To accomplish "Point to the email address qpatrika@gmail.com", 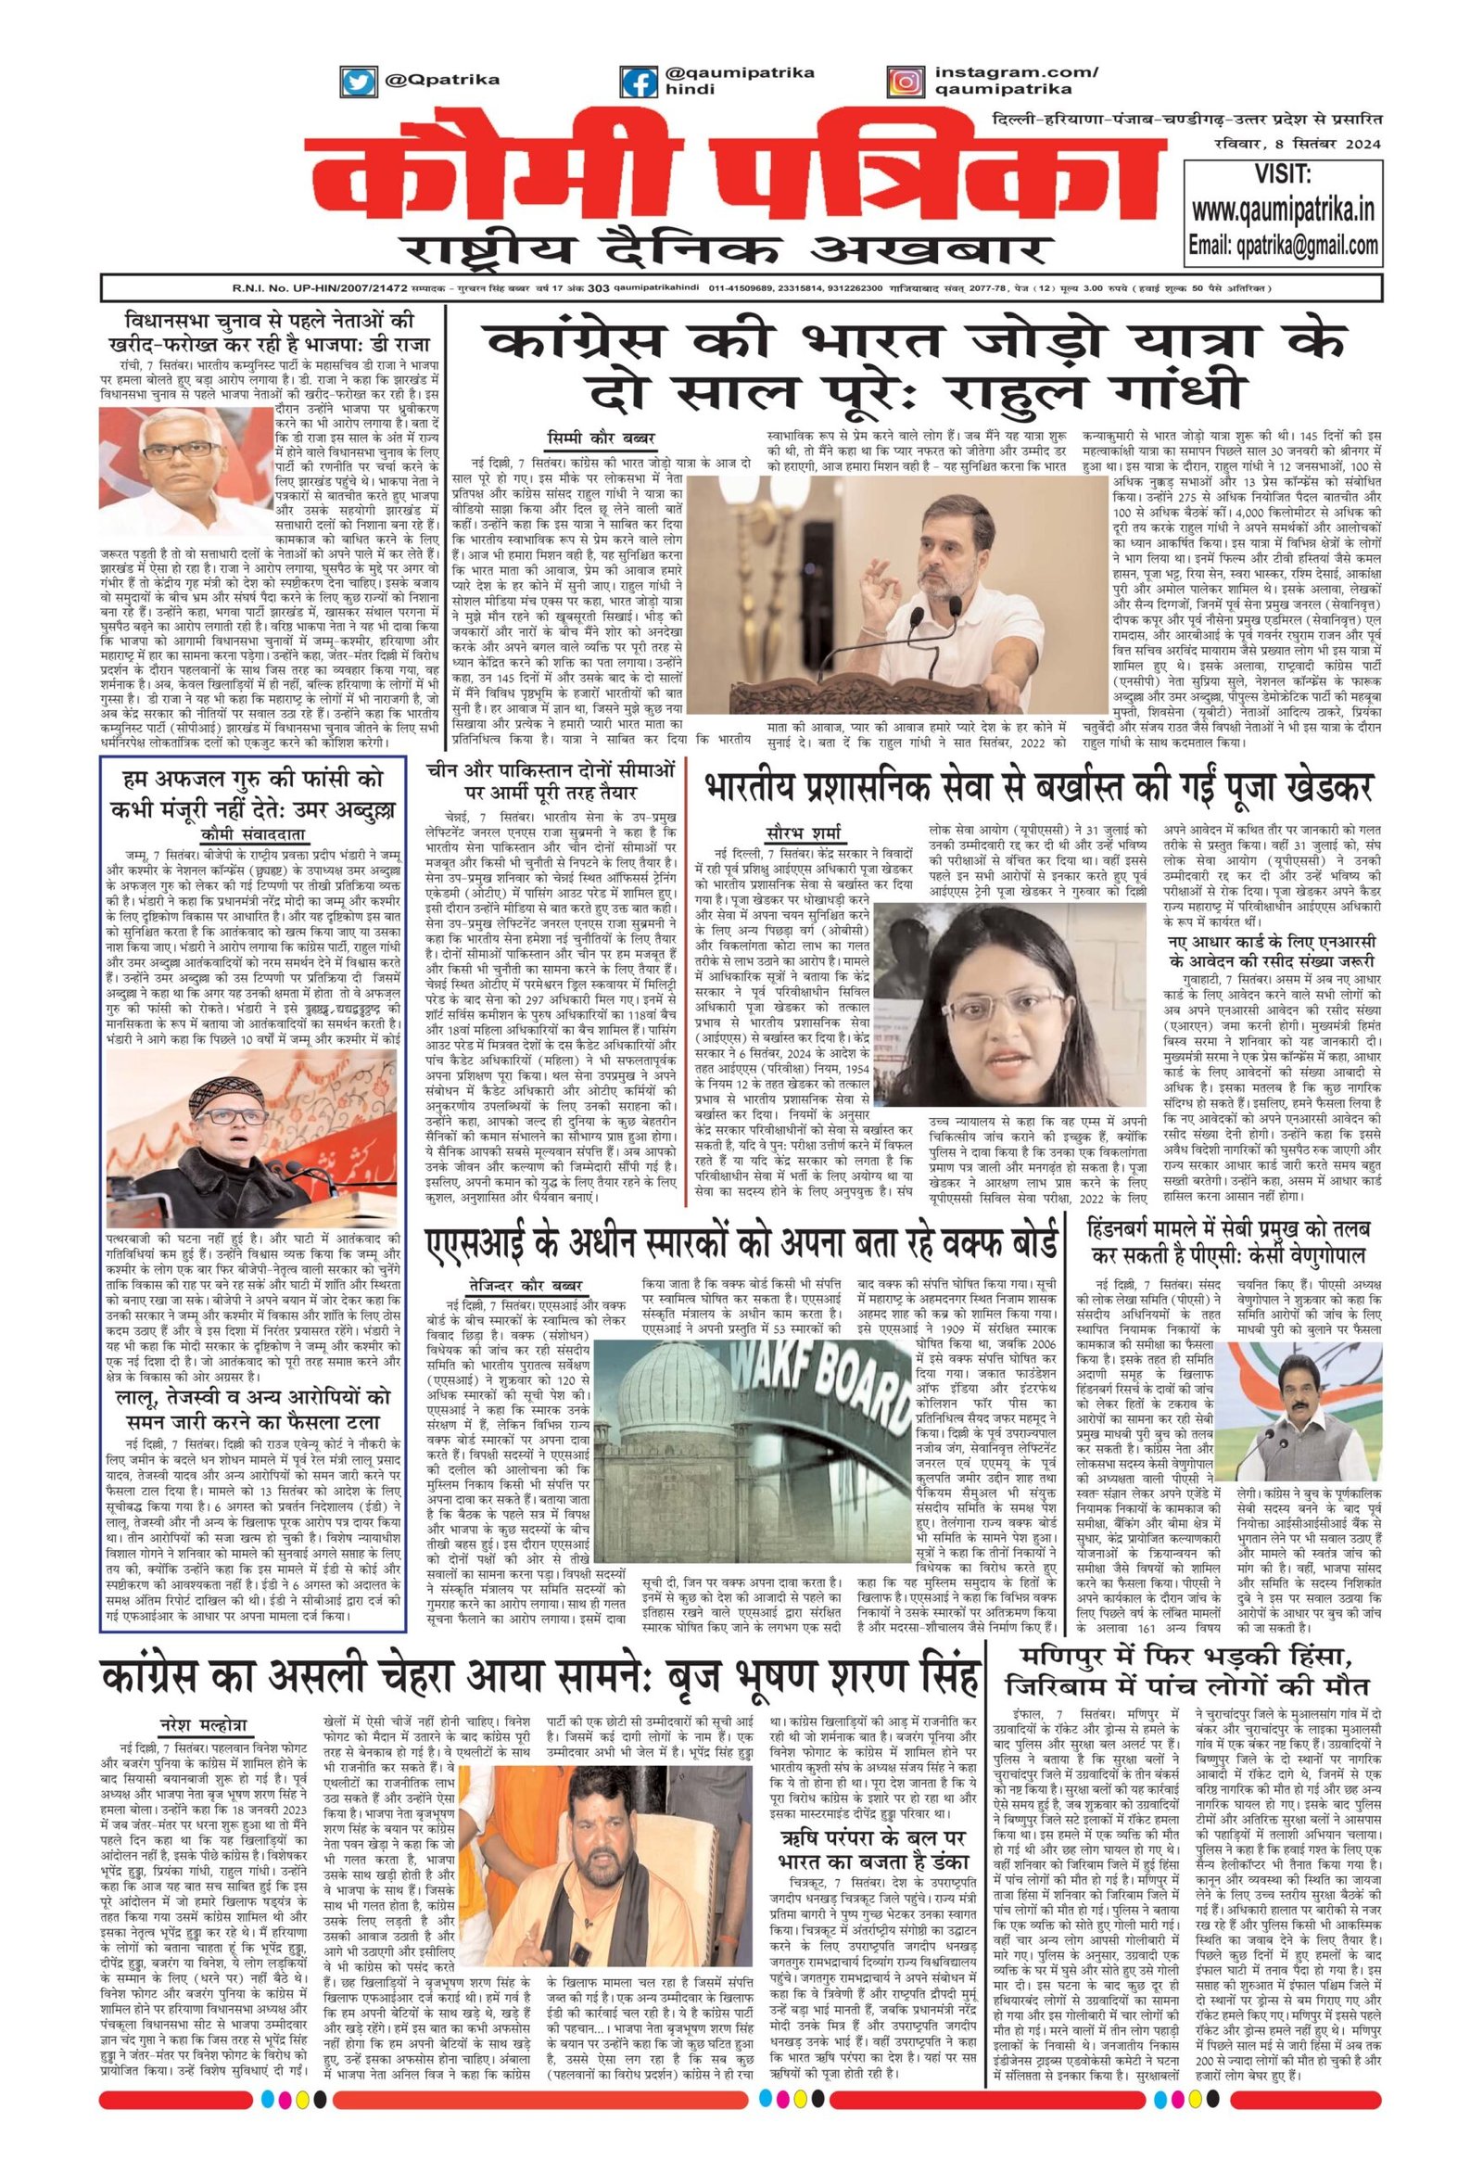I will (1283, 246).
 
